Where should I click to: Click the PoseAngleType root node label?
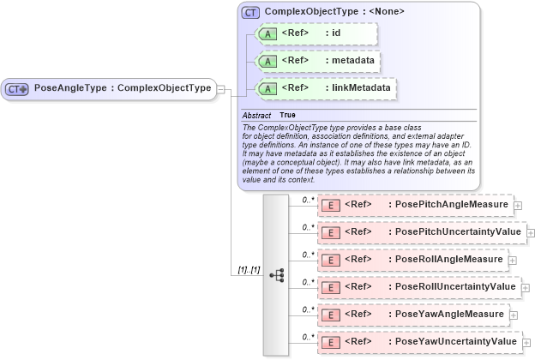[122, 88]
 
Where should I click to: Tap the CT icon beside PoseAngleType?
[17, 88]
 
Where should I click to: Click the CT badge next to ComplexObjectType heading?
[250, 12]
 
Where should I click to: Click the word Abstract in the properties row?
[256, 115]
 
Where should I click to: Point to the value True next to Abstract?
[287, 115]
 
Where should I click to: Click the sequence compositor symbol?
[276, 275]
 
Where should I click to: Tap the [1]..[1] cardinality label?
[249, 270]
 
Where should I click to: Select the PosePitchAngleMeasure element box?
[415, 205]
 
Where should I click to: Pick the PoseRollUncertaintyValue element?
[418, 286]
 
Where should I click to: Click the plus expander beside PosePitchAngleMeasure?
[518, 206]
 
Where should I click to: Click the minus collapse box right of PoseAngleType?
[221, 88]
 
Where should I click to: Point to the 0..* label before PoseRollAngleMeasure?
[308, 254]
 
